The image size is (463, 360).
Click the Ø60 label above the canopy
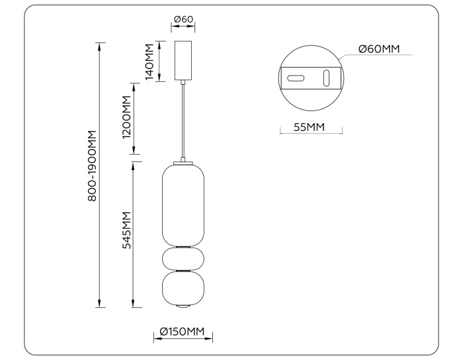coord(183,19)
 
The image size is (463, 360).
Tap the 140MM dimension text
coord(149,62)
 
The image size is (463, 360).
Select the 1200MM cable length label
coord(127,121)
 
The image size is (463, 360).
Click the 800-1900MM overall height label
coord(93,166)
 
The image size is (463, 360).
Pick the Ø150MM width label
coord(183,332)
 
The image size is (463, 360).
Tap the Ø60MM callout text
coord(380,48)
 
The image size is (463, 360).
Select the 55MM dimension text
coord(309,127)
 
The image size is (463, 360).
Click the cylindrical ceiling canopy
coord(183,60)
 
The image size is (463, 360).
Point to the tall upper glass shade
coord(183,204)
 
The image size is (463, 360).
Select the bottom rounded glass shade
coord(183,288)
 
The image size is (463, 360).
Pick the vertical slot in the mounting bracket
coord(325,78)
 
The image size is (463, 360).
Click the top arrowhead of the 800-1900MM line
coord(101,46)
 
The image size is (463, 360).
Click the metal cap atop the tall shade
coord(183,161)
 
